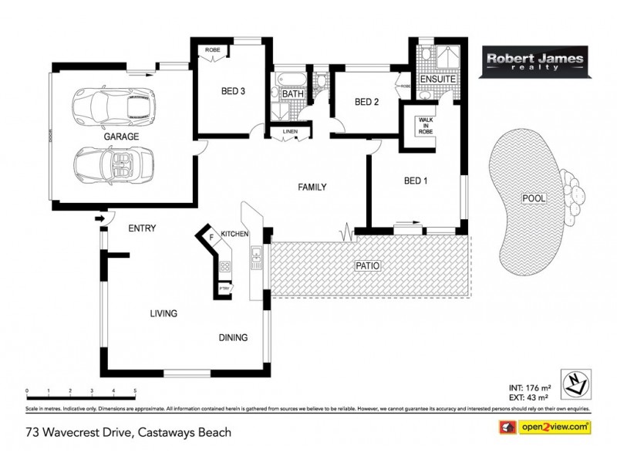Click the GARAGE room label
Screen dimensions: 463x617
(122, 136)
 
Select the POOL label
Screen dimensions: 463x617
(534, 198)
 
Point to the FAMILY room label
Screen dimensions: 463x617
(314, 187)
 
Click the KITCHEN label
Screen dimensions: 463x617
(234, 233)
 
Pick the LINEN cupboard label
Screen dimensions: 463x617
(290, 132)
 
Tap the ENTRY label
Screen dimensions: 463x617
(143, 228)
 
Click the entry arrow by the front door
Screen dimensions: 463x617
(99, 219)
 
